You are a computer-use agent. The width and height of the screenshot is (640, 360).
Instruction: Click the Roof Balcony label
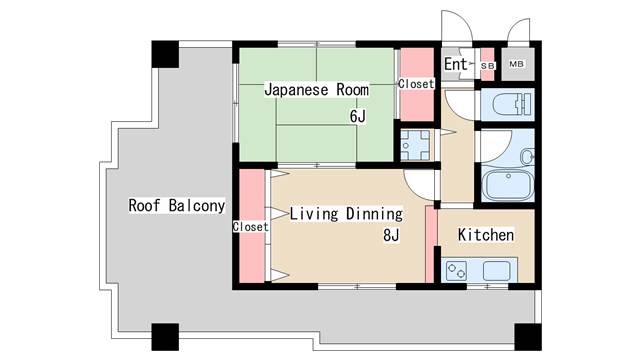(x=177, y=206)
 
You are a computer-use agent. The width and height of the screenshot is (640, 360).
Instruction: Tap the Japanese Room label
(x=316, y=89)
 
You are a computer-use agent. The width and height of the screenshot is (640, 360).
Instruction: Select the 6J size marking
(x=358, y=117)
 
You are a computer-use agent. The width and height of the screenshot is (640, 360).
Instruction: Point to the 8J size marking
(x=391, y=235)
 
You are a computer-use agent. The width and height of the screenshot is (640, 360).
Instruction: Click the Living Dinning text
(x=346, y=214)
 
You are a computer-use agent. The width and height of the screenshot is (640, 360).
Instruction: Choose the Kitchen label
(x=486, y=235)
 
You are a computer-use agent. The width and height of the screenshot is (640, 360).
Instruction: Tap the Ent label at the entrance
(x=456, y=64)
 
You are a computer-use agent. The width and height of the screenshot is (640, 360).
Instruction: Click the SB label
(x=487, y=65)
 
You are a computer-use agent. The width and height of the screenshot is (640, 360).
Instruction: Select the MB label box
(x=517, y=64)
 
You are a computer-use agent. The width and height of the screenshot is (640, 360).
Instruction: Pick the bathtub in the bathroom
(x=508, y=184)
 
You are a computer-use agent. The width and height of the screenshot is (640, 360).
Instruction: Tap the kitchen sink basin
(x=496, y=271)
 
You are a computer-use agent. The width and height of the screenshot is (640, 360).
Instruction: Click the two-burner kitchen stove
(x=457, y=271)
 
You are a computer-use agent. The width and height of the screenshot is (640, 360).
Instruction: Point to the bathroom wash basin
(x=527, y=157)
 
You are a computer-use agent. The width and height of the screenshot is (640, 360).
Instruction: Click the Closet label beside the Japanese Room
(x=416, y=84)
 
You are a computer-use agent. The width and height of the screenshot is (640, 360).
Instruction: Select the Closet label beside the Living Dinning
(x=251, y=227)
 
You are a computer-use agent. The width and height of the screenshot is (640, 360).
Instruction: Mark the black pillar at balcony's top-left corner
(x=165, y=54)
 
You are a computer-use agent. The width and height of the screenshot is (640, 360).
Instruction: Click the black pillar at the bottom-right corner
(x=528, y=337)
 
